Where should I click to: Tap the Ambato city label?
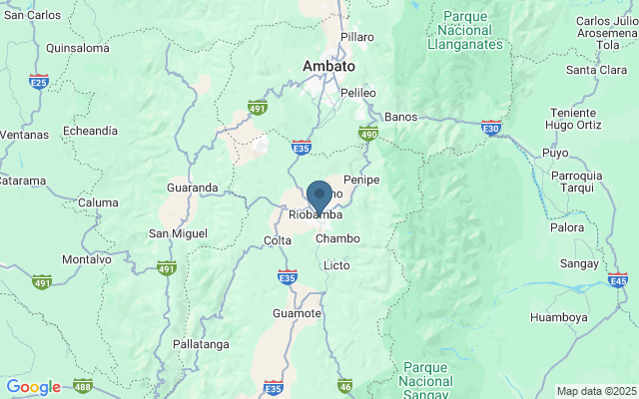click(328, 66)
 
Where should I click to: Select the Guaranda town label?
click(192, 188)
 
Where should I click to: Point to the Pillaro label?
click(356, 37)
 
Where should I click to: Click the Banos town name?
click(400, 116)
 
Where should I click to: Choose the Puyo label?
click(555, 153)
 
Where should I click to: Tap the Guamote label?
click(297, 313)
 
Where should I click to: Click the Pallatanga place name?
click(201, 343)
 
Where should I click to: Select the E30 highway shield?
click(491, 127)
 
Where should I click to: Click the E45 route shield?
click(618, 282)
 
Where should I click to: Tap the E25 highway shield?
click(39, 81)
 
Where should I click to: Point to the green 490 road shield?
click(368, 133)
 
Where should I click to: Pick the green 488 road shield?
click(83, 387)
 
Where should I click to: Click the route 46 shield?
click(345, 386)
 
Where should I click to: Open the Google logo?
click(33, 387)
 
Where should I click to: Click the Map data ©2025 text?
click(595, 391)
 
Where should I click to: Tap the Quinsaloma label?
click(77, 47)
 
